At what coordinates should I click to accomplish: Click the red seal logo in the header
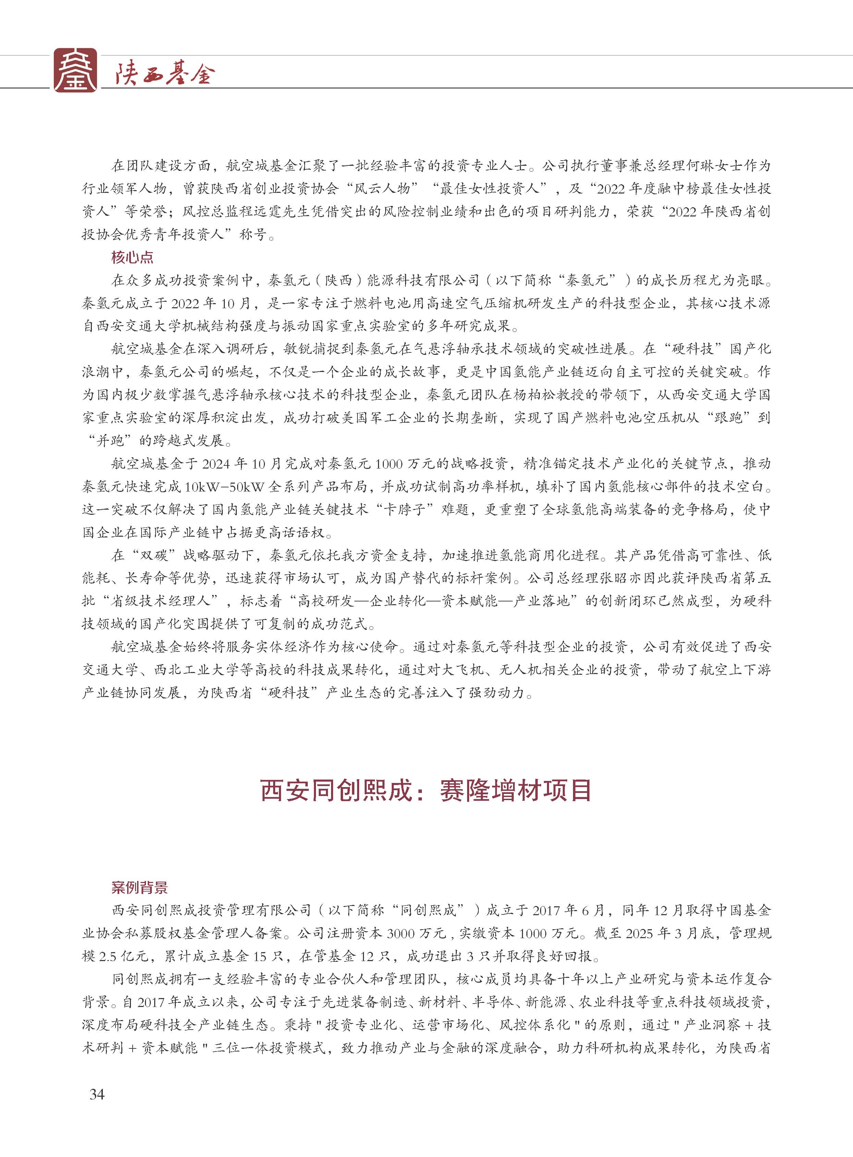click(75, 70)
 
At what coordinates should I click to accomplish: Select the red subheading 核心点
click(132, 257)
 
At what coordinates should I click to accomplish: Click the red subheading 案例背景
click(139, 888)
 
